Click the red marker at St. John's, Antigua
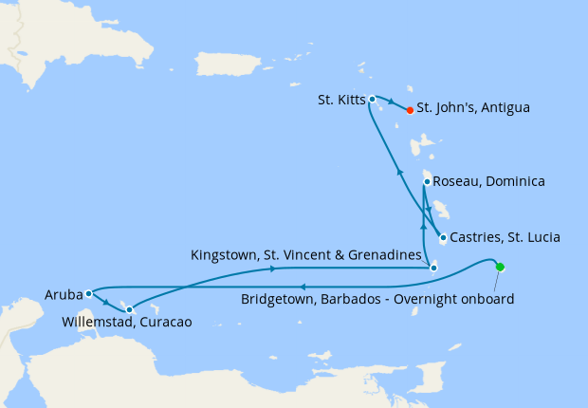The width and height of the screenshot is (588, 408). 410,110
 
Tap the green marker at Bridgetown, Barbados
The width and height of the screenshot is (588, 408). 500,267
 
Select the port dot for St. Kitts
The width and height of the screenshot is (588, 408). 373,99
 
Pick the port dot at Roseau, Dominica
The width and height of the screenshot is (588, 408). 427,181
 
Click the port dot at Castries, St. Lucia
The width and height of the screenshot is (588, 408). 443,237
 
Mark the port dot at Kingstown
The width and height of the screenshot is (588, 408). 433,268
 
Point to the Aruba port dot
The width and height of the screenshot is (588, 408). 87,294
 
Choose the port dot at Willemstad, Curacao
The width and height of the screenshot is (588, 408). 129,309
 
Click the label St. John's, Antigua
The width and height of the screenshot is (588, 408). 473,108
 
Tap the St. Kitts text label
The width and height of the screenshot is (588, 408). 339,99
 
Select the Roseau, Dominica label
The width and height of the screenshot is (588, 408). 488,180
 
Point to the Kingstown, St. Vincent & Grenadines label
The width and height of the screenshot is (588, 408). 304,255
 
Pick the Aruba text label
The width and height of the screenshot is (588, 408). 63,295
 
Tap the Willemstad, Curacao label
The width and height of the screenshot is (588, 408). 126,322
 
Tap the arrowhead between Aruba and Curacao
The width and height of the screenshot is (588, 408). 106,305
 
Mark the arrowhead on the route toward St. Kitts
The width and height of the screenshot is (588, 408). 398,173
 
